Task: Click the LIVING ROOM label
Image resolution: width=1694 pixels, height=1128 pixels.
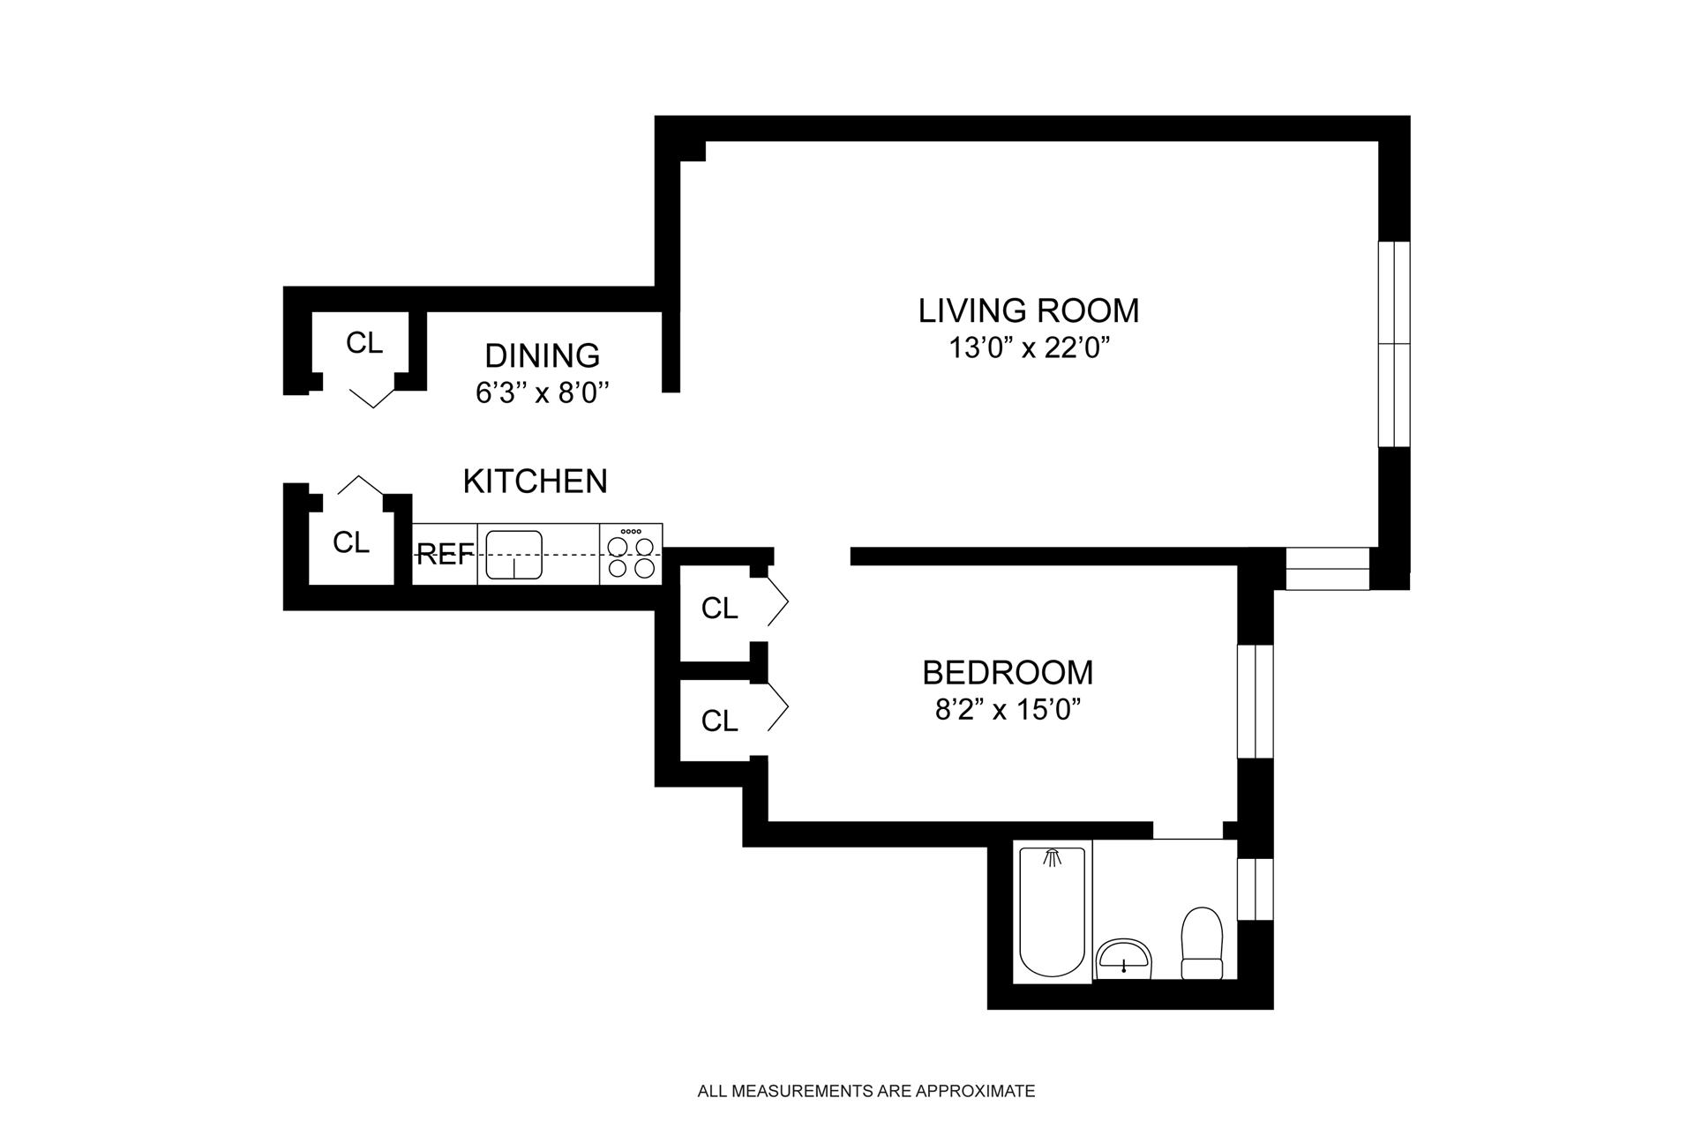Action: [x=1029, y=310]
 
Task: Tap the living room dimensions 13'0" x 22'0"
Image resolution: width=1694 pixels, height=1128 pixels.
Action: [x=1028, y=348]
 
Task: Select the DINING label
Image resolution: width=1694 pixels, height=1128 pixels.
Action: [x=543, y=355]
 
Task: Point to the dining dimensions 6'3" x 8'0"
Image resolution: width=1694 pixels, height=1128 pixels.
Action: [x=543, y=392]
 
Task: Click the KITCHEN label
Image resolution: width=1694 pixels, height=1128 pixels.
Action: [x=536, y=481]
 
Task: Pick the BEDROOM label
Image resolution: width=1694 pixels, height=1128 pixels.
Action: [x=1008, y=673]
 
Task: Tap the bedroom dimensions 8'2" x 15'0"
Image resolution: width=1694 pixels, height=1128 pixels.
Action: [x=1008, y=710]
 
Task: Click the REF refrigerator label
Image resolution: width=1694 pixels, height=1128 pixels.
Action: [x=445, y=554]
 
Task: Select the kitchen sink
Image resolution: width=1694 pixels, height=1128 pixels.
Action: [x=513, y=555]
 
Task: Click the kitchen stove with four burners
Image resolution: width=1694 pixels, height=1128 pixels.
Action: [x=631, y=554]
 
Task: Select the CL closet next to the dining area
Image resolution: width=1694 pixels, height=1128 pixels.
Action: [x=364, y=343]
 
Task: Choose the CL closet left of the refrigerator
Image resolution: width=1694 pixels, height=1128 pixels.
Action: [x=351, y=542]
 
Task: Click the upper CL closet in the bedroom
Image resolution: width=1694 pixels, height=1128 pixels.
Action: [x=719, y=609]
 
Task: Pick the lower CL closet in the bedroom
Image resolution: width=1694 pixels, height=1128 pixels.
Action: [x=719, y=721]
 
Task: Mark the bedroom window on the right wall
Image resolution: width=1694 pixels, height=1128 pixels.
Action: [x=1256, y=701]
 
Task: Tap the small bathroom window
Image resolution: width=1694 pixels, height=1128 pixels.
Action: [x=1256, y=889]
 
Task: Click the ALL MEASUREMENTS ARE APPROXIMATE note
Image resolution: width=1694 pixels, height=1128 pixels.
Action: [x=866, y=1091]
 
